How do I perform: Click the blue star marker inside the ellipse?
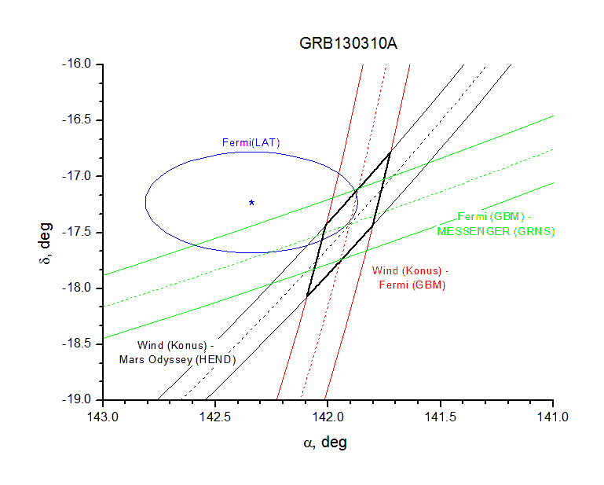251,203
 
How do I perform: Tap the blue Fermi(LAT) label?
251,142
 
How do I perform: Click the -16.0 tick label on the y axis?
79,63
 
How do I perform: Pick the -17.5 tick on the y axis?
79,232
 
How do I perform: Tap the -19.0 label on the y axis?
79,400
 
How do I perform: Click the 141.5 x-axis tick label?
441,416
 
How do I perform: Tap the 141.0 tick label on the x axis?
553,416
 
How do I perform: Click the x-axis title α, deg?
325,443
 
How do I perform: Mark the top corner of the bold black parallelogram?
390,151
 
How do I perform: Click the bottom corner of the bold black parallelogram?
306,296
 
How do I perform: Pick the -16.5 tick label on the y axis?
79,119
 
